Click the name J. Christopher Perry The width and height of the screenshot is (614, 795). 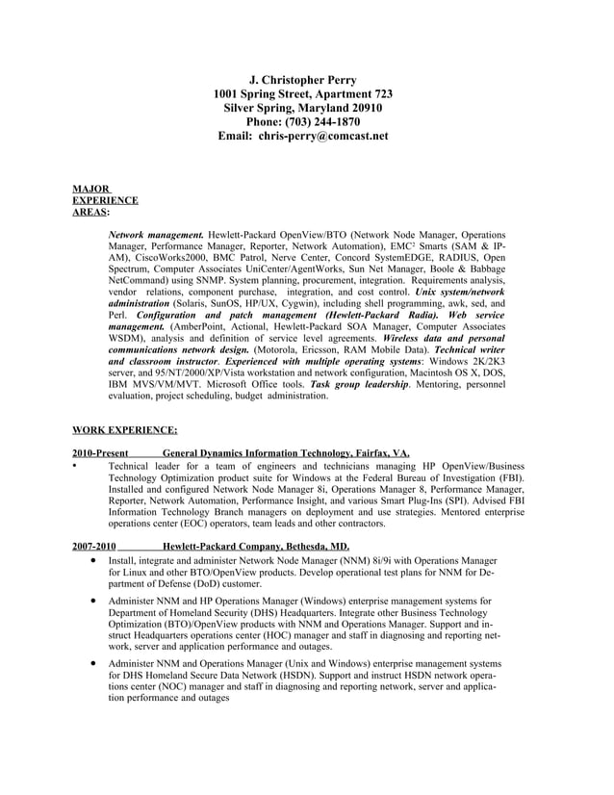[x=302, y=80]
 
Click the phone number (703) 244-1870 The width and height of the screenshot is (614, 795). [x=326, y=122]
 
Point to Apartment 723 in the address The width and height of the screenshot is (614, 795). [x=355, y=94]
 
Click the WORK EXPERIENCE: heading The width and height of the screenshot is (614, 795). [x=124, y=430]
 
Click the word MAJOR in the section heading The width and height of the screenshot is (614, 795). [x=90, y=189]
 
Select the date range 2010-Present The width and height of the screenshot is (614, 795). [x=100, y=453]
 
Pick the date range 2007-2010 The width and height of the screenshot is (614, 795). [x=93, y=547]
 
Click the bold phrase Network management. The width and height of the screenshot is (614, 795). [x=155, y=235]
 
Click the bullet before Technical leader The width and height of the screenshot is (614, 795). [x=75, y=465]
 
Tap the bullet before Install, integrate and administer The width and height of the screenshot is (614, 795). [x=91, y=560]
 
